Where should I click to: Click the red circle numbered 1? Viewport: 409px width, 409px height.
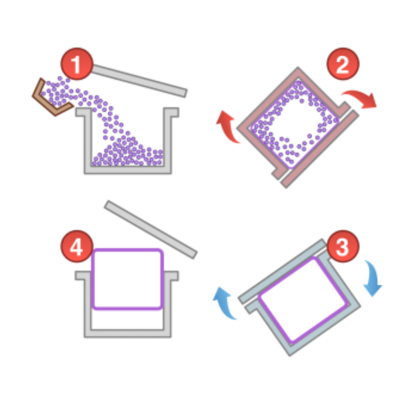coord(77,64)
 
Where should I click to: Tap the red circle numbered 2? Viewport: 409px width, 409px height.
coord(343,64)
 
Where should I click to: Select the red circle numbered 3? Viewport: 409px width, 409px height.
coord(343,246)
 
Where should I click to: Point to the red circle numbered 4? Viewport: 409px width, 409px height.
coord(77,246)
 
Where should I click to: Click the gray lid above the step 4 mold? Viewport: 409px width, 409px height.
coord(151,230)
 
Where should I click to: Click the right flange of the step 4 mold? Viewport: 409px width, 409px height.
coord(171,275)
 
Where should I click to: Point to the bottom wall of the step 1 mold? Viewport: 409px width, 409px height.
coord(128,169)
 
